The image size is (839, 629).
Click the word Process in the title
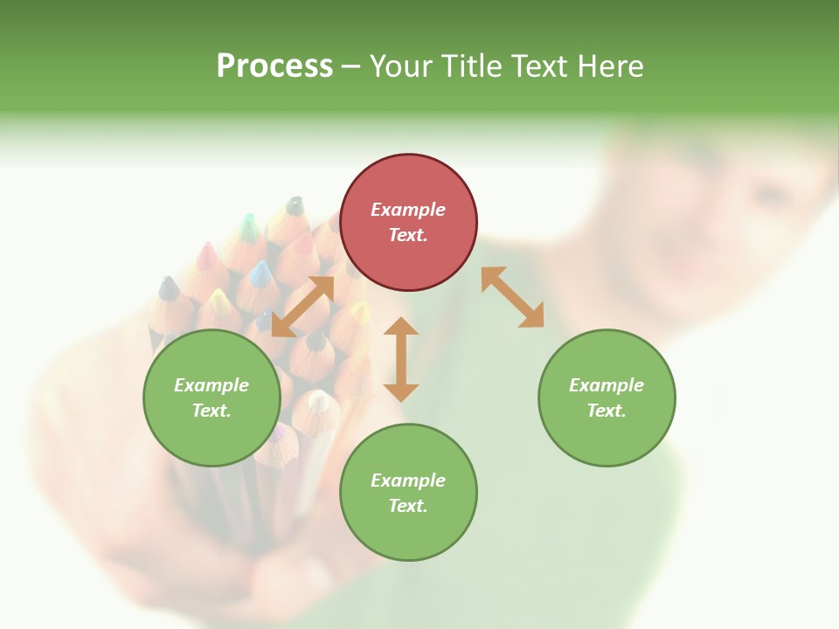274,66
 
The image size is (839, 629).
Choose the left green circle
211,397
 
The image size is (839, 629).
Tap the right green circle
607,397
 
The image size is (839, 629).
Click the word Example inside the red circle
408,210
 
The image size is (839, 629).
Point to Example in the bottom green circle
408,480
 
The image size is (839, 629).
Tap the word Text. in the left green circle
211,411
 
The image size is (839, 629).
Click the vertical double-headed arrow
401,359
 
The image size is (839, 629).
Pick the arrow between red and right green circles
513,297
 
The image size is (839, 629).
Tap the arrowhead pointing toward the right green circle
532,316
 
